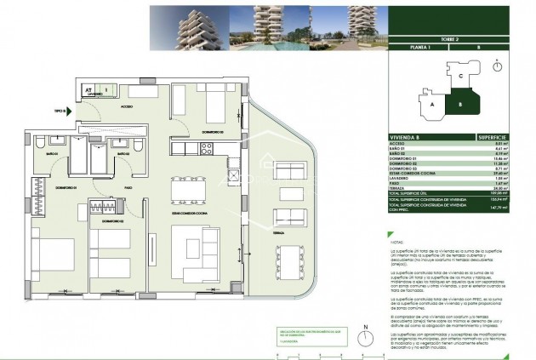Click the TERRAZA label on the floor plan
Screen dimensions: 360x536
coord(278,231)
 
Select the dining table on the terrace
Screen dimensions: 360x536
coord(294,261)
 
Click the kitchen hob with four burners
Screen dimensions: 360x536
coord(205,149)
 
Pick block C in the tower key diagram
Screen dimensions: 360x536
coord(459,77)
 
